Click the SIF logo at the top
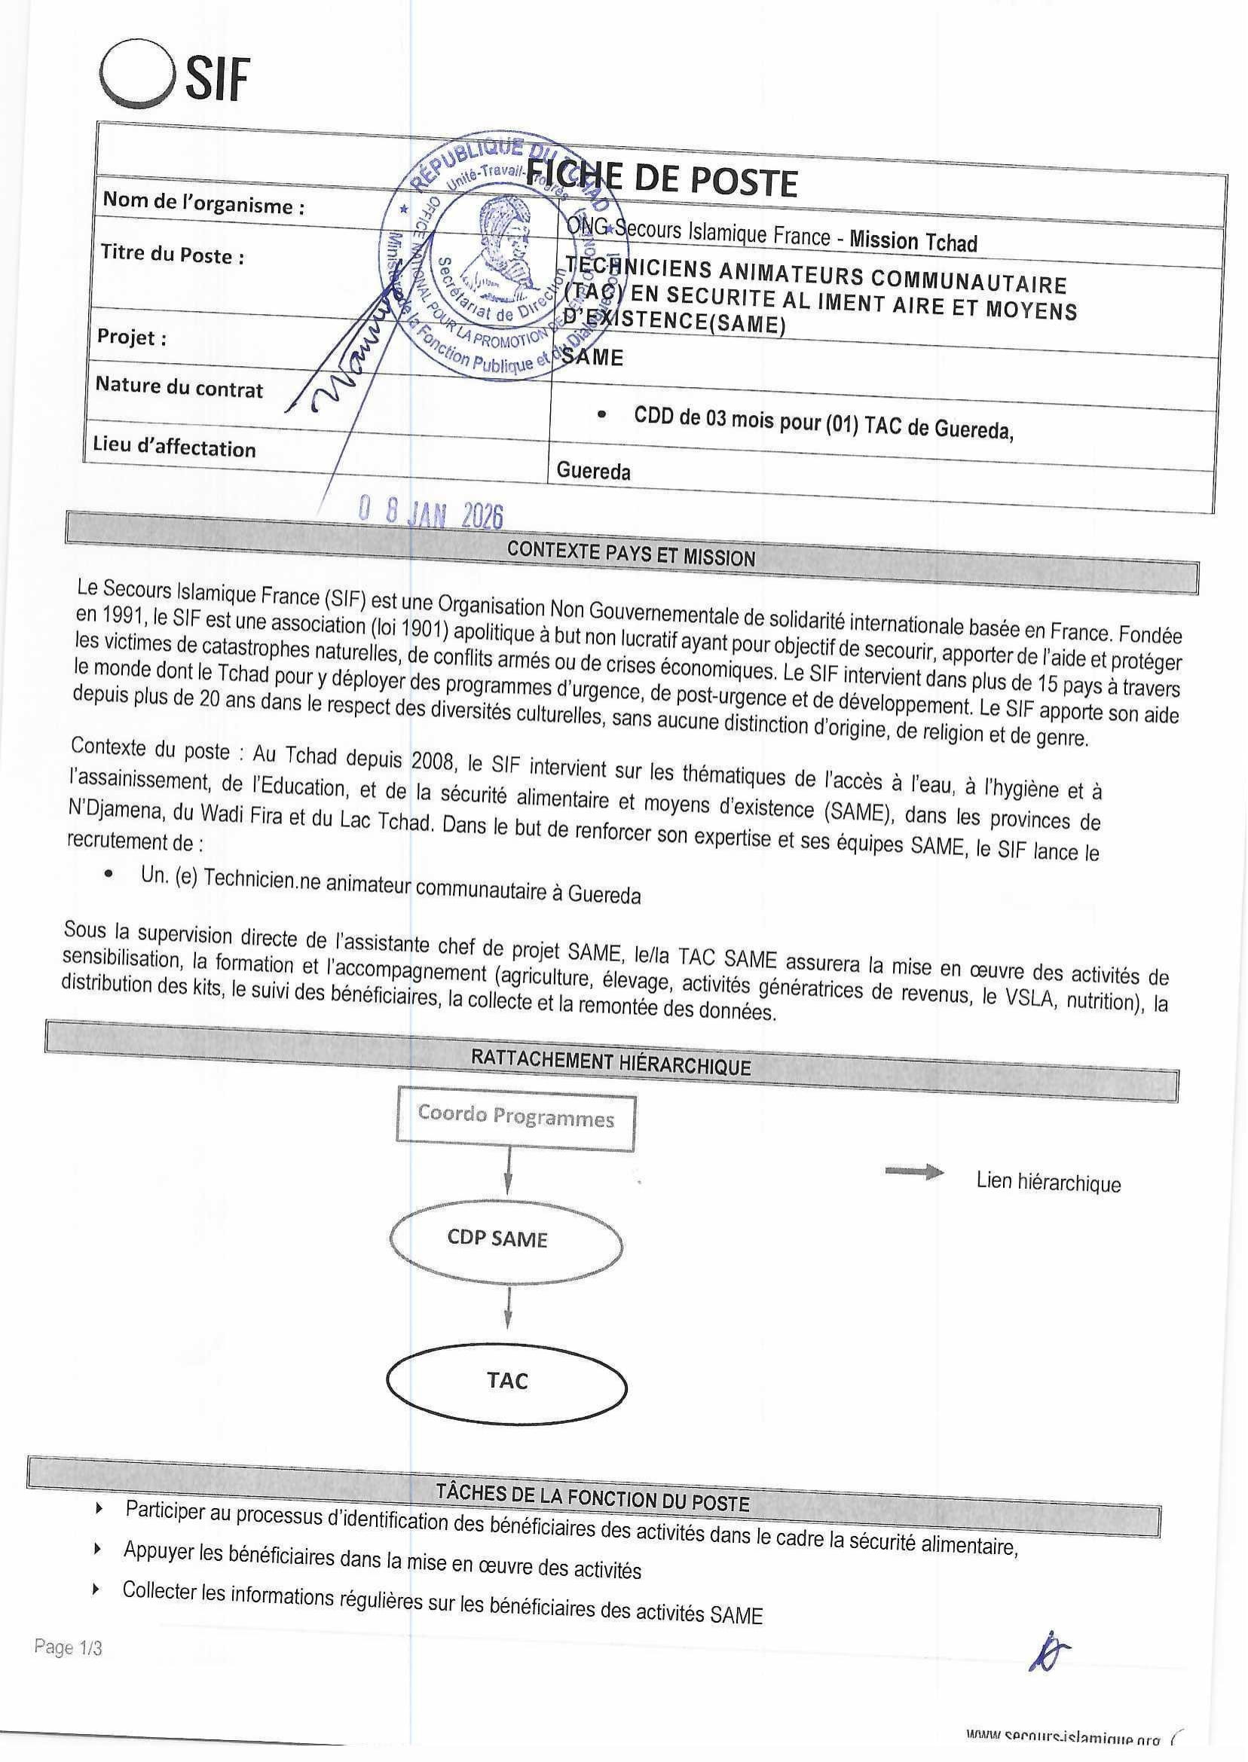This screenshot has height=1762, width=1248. (x=174, y=78)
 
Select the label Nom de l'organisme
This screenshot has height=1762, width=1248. (x=203, y=203)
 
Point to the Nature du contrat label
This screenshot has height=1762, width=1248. (x=179, y=387)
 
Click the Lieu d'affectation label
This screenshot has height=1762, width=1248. (x=174, y=446)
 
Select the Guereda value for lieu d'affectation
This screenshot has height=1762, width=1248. (x=593, y=470)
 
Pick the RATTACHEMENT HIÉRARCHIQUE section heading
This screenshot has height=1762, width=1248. (x=610, y=1063)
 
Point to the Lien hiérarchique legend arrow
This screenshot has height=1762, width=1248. (x=914, y=1172)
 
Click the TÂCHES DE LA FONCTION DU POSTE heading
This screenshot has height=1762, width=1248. (x=592, y=1497)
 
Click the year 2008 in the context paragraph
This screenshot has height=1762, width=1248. (x=433, y=760)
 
